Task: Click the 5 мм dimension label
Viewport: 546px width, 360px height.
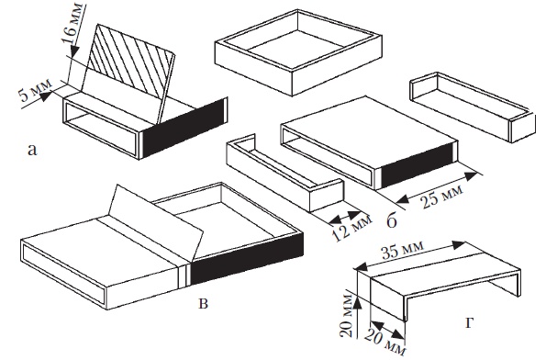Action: point(35,90)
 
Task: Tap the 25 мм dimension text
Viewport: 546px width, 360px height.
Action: point(442,197)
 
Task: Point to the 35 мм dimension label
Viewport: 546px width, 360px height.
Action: point(402,249)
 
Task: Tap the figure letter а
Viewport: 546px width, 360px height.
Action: point(32,151)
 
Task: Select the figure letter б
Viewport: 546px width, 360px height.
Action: point(392,219)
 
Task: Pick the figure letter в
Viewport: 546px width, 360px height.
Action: point(203,303)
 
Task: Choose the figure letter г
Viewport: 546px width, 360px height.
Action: point(469,323)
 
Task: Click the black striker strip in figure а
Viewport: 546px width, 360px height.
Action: point(184,128)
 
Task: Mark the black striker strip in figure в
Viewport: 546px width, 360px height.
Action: point(247,258)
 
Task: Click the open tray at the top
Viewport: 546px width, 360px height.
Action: point(298,51)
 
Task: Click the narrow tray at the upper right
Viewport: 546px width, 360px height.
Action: point(473,107)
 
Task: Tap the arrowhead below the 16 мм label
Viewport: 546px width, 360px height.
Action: point(73,53)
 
